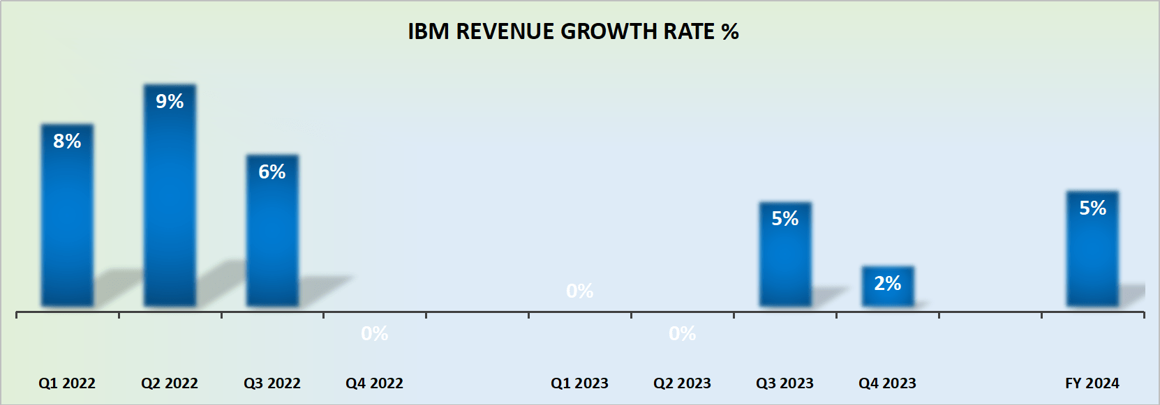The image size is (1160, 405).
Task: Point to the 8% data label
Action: (67, 142)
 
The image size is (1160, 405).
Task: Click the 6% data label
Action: (272, 172)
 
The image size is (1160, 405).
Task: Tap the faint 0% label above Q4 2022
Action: (375, 334)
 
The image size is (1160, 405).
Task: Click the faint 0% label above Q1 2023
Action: (580, 291)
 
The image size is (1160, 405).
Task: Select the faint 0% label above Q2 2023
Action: (683, 334)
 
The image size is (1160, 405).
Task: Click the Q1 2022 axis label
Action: (67, 383)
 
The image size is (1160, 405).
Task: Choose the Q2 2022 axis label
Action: (170, 383)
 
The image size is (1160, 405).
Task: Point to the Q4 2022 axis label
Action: (375, 383)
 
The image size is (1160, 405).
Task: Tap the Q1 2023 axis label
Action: (580, 383)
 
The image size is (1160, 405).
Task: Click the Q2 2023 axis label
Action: (683, 383)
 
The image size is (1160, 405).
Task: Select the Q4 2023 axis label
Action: (887, 383)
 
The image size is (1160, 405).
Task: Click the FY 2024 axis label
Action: (1092, 383)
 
